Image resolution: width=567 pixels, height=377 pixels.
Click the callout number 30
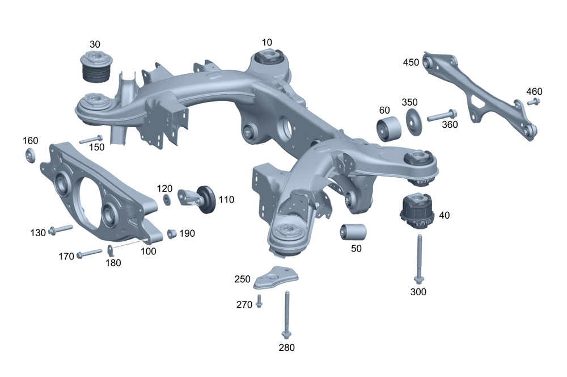tap(94, 44)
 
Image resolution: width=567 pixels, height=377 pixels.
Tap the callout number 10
tap(267, 42)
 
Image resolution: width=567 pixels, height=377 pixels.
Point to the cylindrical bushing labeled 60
tap(390, 128)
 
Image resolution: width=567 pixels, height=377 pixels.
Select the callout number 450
tap(411, 62)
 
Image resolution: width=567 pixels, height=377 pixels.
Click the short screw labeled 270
tap(259, 301)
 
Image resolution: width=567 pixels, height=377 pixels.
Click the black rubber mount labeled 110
tap(205, 199)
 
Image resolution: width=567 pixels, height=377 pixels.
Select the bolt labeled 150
tap(91, 139)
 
